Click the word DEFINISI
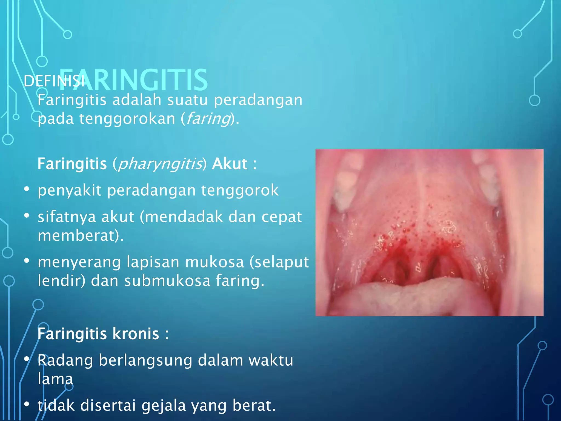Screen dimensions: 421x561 [x=54, y=81]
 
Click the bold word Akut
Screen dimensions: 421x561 [x=230, y=164]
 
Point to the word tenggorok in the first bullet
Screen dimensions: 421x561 [x=240, y=190]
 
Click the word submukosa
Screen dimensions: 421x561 [x=167, y=281]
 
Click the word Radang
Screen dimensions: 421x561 [x=65, y=360]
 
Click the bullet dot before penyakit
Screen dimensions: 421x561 [x=27, y=189]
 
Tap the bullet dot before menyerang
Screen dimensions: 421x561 [x=27, y=261]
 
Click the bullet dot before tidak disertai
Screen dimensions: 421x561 [x=27, y=404]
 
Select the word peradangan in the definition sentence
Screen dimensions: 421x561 [x=258, y=100]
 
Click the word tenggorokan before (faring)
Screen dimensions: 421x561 [x=127, y=119]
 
